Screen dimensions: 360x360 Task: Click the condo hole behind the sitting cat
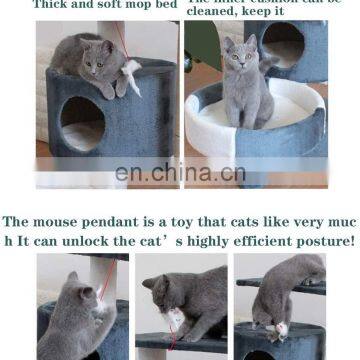click(289, 45)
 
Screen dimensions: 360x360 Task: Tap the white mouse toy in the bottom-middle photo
click(174, 320)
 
